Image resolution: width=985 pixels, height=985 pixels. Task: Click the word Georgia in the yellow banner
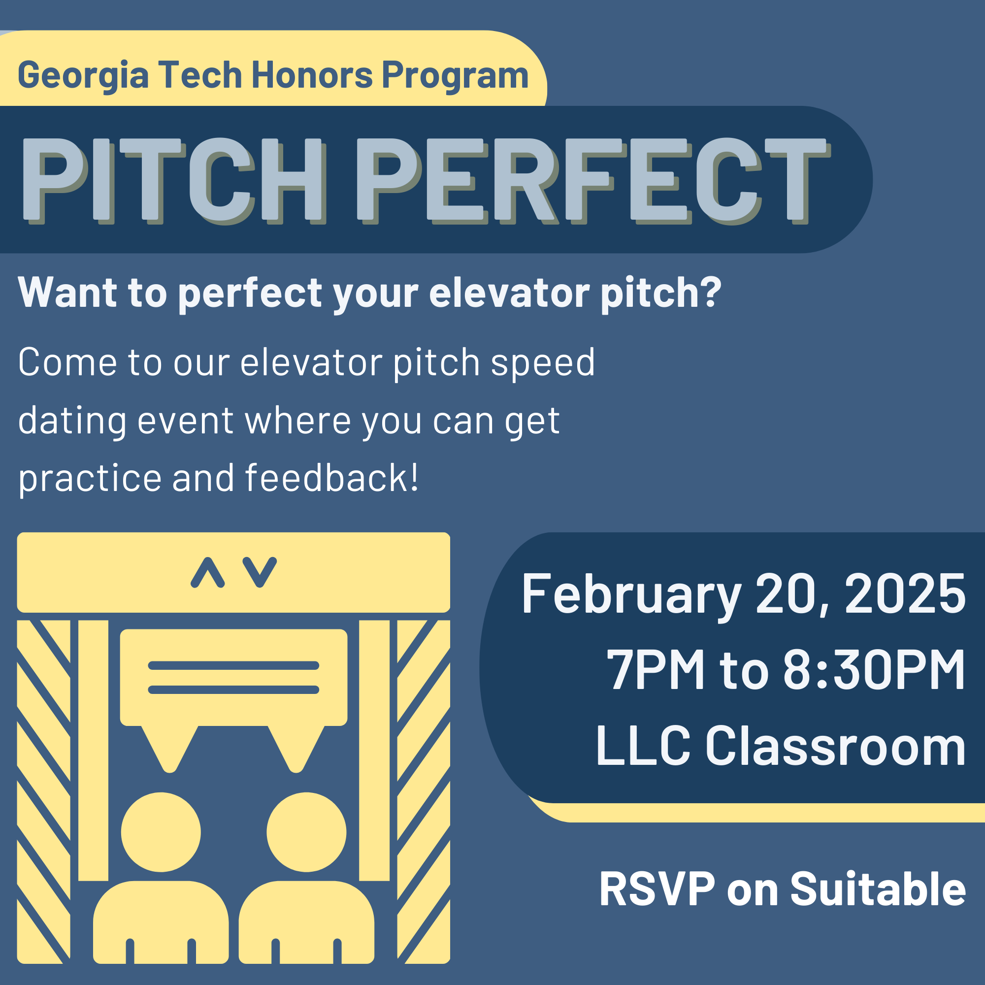tap(83, 75)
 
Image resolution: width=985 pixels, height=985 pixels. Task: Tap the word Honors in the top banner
tap(312, 75)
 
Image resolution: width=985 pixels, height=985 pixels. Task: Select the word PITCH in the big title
tap(171, 179)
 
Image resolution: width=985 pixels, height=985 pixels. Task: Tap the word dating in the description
tap(72, 421)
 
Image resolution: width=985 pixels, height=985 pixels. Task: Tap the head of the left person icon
tap(161, 832)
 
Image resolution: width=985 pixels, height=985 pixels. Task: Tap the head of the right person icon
tap(306, 832)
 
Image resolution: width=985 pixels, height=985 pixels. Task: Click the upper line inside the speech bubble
tap(233, 665)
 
